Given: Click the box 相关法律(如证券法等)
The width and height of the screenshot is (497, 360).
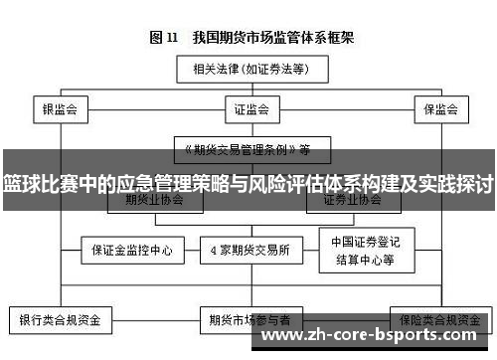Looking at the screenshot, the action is point(248,71).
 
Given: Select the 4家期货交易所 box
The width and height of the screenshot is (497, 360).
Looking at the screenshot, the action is point(249,251).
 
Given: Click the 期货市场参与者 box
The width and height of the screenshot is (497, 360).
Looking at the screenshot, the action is point(249,321).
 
